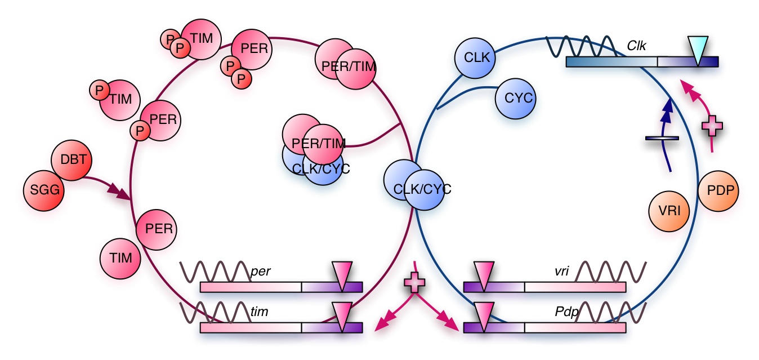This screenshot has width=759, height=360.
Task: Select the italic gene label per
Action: click(x=261, y=272)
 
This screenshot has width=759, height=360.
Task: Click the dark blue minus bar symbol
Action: click(x=662, y=137)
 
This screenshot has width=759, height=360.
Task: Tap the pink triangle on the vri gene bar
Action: click(x=483, y=273)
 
